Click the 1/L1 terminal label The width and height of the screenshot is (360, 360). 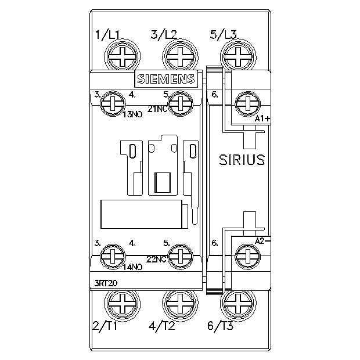point(107,35)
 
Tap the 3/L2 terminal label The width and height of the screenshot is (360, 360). point(164,35)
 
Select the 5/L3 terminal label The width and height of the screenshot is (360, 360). point(223,35)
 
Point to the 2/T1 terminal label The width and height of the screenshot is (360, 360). point(105,326)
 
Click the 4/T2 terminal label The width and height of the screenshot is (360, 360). point(162,326)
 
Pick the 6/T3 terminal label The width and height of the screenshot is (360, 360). point(221,326)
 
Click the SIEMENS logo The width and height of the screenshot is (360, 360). point(166,79)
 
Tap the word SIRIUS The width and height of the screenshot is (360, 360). point(242,160)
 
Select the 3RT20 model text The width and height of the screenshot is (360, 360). point(106,283)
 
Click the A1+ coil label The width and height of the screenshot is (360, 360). point(262,118)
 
